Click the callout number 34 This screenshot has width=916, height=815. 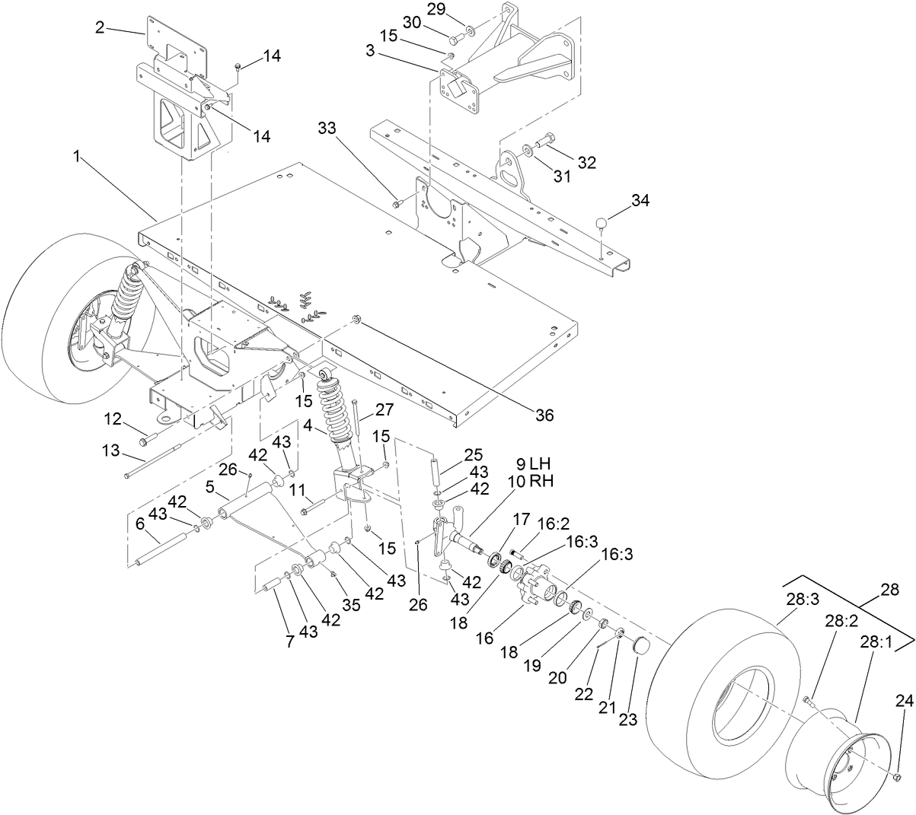point(641,200)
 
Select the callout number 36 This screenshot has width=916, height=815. point(544,415)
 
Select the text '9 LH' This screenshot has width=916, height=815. point(532,463)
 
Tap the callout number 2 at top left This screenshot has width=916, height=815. point(100,27)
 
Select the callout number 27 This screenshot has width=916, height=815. point(384,409)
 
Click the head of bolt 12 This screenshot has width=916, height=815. point(145,439)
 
